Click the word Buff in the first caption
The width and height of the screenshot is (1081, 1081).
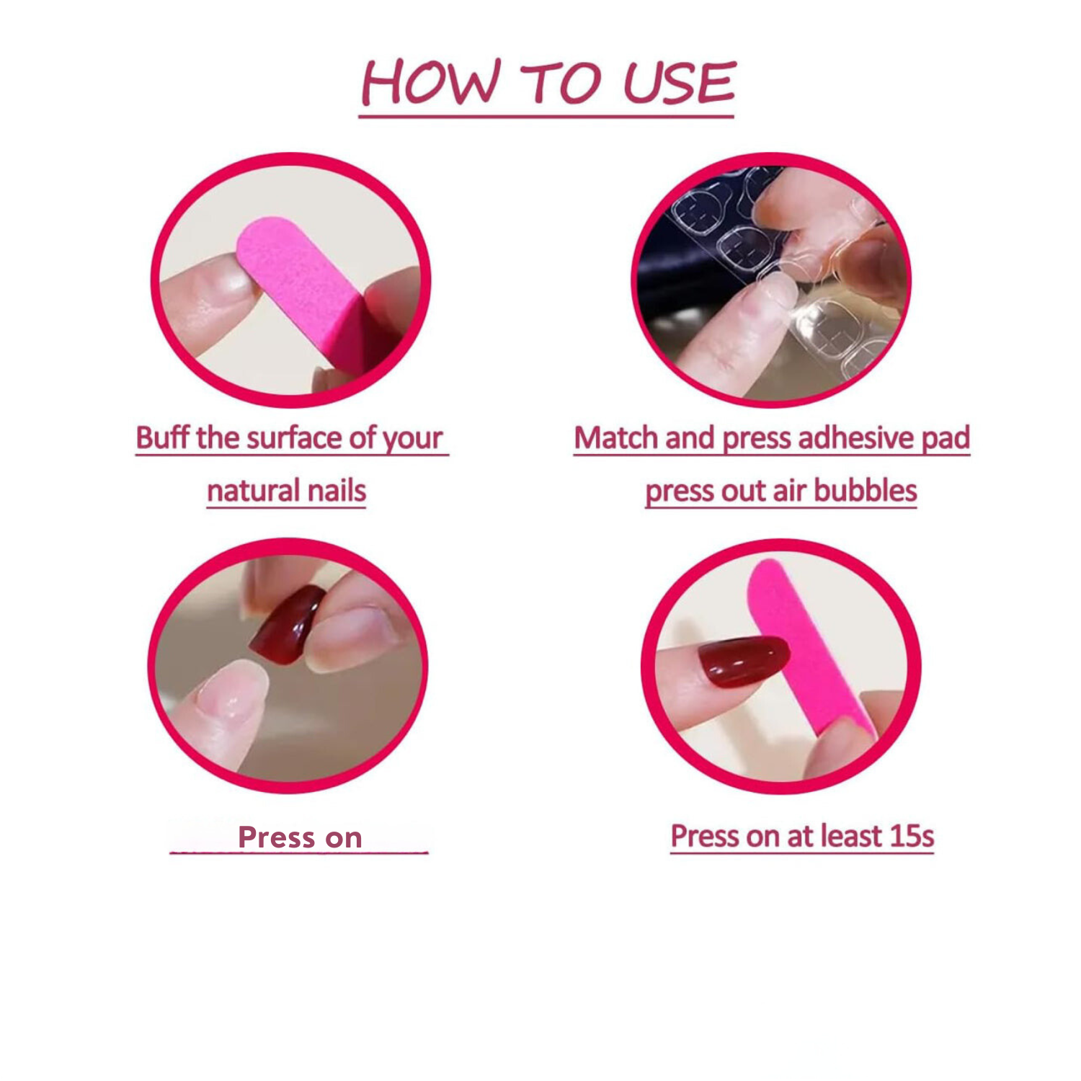pos(163,437)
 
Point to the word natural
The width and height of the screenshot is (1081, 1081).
pos(244,491)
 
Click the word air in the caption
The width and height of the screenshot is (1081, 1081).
pos(788,491)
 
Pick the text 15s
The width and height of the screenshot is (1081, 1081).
pos(912,836)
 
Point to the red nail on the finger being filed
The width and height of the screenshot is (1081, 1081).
pos(742,659)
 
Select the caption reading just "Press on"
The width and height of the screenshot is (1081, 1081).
pos(300,837)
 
